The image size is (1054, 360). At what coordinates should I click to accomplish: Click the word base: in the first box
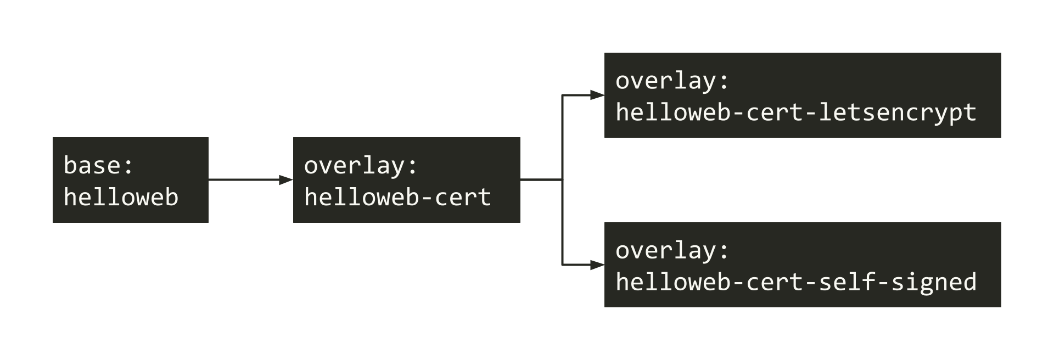(98, 165)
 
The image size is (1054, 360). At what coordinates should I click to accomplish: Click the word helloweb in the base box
(121, 198)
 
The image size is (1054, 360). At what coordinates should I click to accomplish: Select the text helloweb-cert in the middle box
(397, 198)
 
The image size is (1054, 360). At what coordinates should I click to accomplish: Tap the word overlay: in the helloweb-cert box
(361, 165)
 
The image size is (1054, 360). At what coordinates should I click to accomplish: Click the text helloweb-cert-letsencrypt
(795, 113)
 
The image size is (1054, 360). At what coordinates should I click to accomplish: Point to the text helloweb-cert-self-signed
(795, 282)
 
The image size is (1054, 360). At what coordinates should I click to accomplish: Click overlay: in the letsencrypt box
(672, 81)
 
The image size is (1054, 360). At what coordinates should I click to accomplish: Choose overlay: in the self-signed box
(672, 250)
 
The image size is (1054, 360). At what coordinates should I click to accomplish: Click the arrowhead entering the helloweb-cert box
(286, 179)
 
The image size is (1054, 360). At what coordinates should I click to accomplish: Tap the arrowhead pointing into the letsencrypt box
(597, 95)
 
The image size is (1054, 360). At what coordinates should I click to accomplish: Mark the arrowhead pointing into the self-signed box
(597, 265)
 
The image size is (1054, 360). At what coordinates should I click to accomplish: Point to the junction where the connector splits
(562, 179)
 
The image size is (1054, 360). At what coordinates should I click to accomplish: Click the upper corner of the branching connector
(562, 95)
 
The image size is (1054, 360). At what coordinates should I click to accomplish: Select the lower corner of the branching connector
(562, 265)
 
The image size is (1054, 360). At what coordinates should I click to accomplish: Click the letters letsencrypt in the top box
(897, 113)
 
